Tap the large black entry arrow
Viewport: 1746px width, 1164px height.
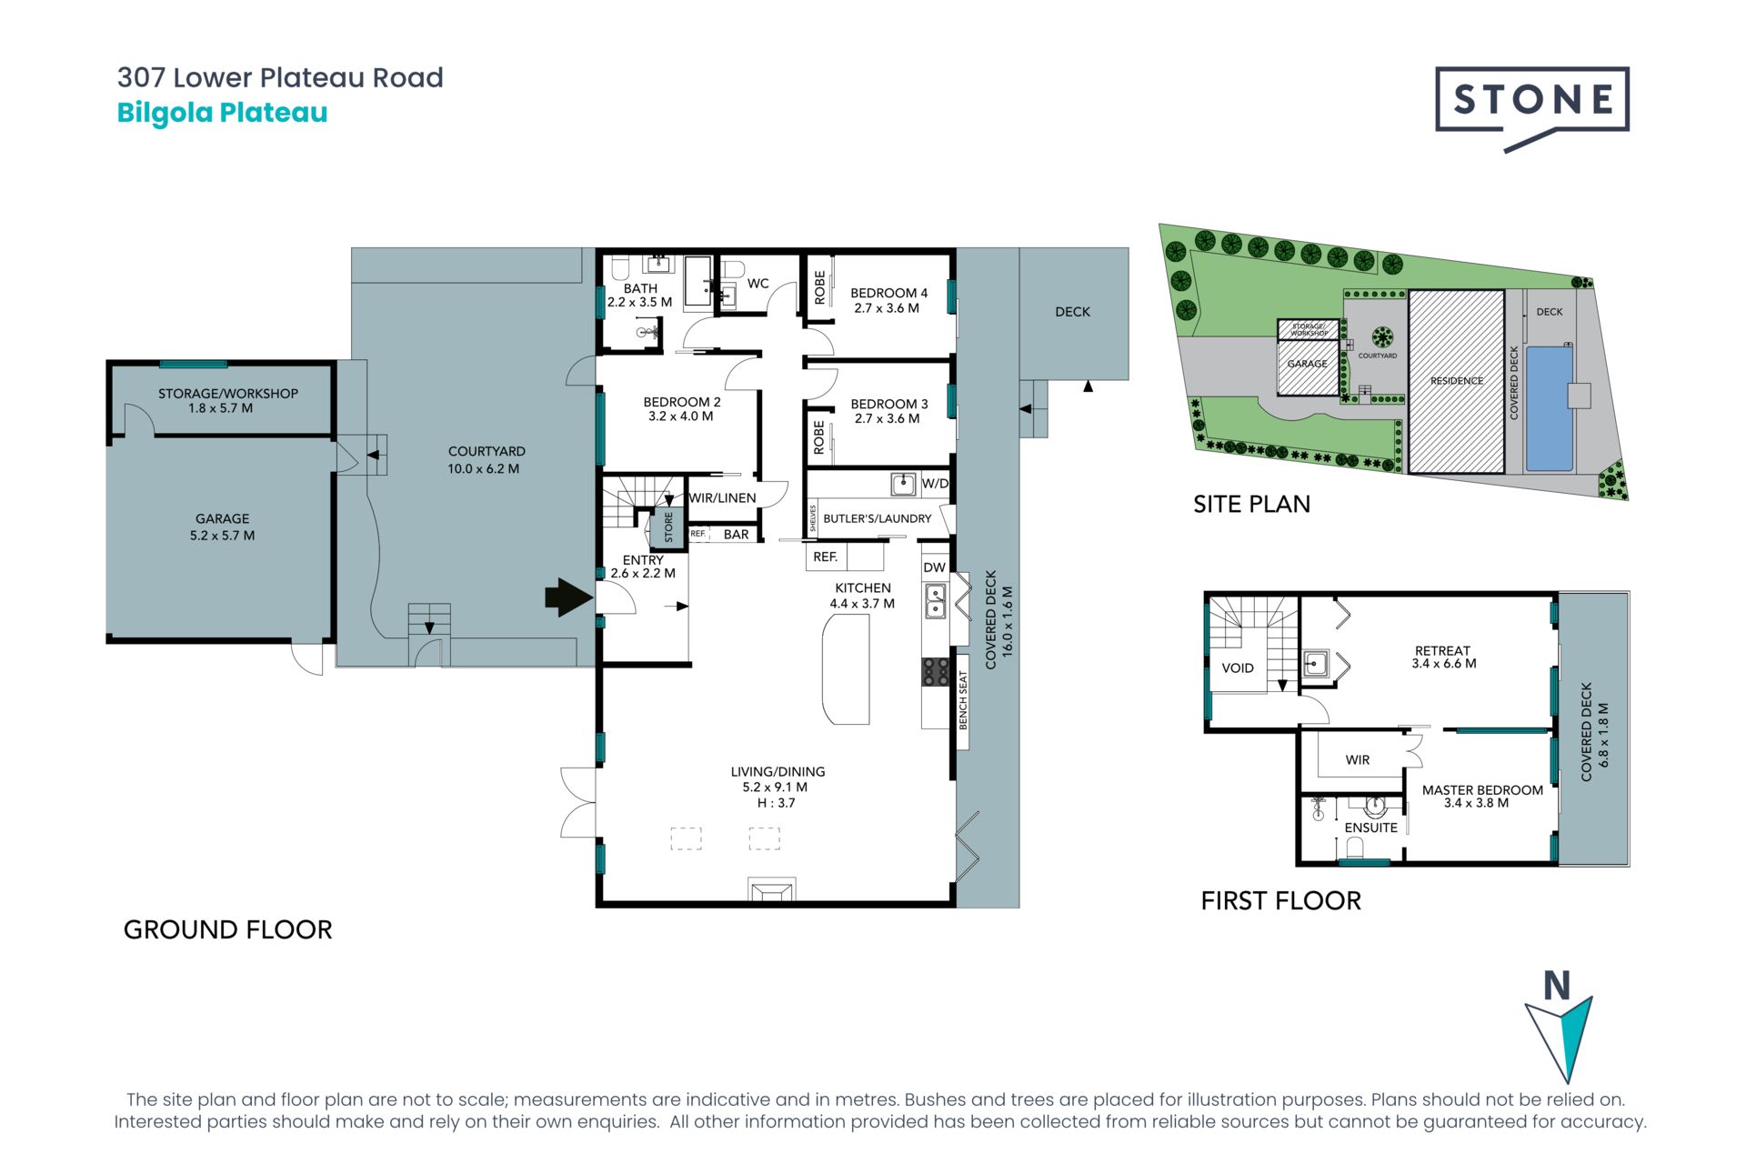point(569,597)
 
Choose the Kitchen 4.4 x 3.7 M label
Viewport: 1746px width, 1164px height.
point(862,596)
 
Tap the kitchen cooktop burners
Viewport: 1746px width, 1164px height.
point(936,672)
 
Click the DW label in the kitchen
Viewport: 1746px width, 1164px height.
point(935,567)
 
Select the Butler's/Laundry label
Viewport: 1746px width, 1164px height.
point(877,518)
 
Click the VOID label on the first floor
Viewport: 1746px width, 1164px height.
point(1238,668)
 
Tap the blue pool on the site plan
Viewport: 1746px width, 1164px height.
point(1550,408)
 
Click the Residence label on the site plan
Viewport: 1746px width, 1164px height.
point(1457,381)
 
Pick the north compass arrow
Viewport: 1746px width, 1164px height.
point(1559,1038)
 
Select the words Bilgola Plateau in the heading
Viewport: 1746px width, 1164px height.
point(222,113)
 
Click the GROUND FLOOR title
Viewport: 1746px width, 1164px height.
point(228,929)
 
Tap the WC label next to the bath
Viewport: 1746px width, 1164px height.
point(758,284)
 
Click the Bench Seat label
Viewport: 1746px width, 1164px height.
point(963,700)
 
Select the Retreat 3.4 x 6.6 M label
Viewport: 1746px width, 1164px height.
point(1443,657)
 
